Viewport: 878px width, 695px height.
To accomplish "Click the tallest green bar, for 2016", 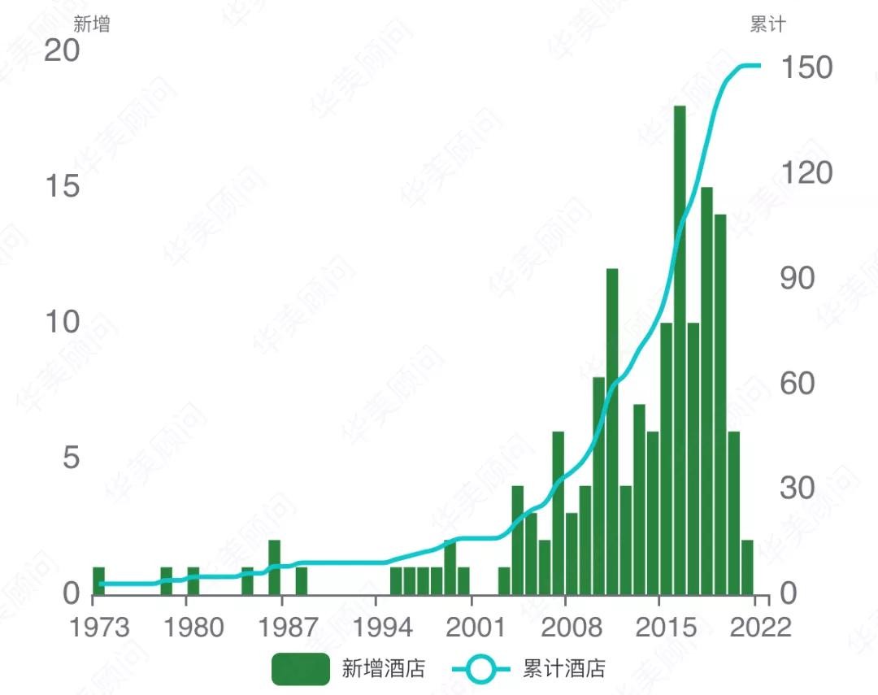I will pos(680,350).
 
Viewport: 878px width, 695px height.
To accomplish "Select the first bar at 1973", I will pos(98,580).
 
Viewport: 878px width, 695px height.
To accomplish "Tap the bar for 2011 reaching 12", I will pos(612,431).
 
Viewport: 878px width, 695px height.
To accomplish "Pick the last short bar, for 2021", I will pos(747,567).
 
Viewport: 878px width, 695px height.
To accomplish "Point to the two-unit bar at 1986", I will pos(275,567).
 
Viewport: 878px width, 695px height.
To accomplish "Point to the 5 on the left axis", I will pos(72,458).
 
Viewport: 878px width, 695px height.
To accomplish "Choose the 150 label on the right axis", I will pos(806,67).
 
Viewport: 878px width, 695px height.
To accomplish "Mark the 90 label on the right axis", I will pos(797,278).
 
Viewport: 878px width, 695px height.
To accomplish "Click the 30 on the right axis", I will pos(797,489).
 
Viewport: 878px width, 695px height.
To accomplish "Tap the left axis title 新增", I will pos(91,24).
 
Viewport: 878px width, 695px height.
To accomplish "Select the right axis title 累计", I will pos(767,24).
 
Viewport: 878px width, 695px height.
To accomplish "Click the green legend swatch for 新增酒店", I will pos(300,669).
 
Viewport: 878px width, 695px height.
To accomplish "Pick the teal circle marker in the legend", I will pos(482,669).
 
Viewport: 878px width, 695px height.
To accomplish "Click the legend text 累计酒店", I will pos(564,669).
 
